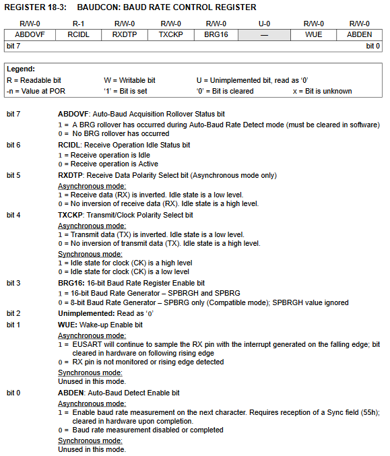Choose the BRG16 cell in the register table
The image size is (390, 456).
click(x=218, y=34)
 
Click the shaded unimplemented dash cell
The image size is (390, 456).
click(x=265, y=34)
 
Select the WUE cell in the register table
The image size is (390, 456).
click(x=312, y=34)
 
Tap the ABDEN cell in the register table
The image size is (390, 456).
click(x=359, y=34)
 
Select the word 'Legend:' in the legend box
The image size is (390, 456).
click(x=21, y=69)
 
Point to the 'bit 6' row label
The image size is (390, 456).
click(x=14, y=145)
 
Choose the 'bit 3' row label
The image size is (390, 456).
click(x=14, y=284)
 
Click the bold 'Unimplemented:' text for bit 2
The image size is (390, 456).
click(x=86, y=313)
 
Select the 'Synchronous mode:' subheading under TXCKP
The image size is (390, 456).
click(x=90, y=254)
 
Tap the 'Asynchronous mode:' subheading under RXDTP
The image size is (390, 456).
click(x=92, y=185)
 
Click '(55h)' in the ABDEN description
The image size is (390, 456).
click(x=370, y=412)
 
